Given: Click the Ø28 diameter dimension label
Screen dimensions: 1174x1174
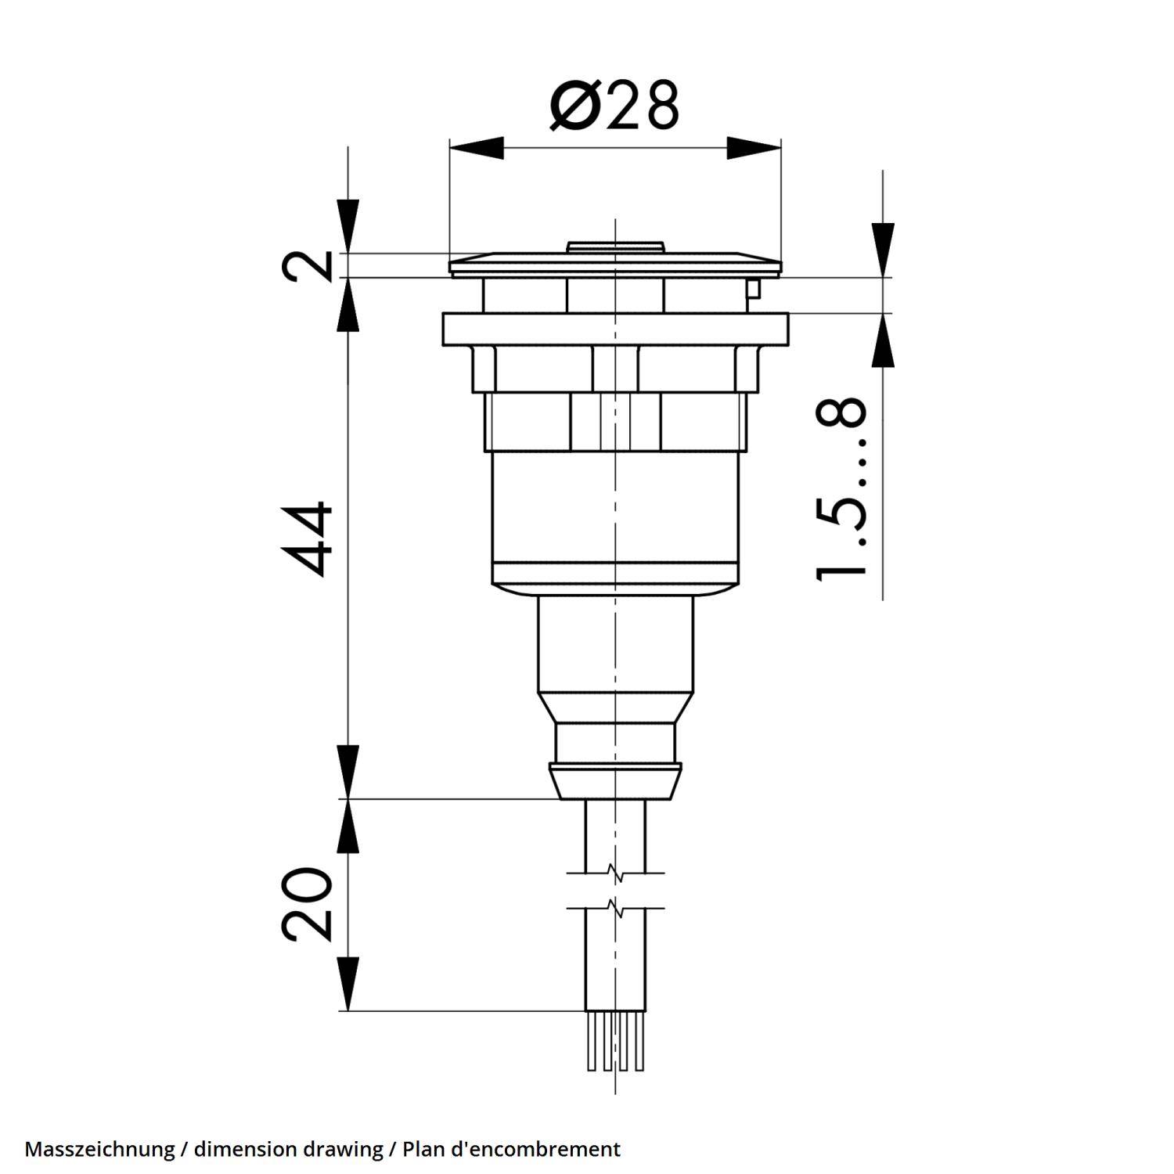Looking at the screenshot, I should pyautogui.click(x=614, y=106).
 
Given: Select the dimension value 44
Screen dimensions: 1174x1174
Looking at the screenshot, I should pyautogui.click(x=307, y=539).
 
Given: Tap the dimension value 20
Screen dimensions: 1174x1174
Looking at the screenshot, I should pyautogui.click(x=307, y=904).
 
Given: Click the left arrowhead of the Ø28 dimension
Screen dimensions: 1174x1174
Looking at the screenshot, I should pyautogui.click(x=477, y=148).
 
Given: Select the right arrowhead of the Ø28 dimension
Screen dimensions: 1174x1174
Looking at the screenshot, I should pyautogui.click(x=753, y=148).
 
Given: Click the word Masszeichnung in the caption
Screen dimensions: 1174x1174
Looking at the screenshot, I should pyautogui.click(x=99, y=1149).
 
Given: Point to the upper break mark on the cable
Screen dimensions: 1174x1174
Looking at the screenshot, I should pyautogui.click(x=615, y=873).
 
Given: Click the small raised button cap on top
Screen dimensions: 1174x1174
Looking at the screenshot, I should pyautogui.click(x=615, y=247).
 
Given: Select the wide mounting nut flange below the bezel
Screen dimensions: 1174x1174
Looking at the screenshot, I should pyautogui.click(x=615, y=328).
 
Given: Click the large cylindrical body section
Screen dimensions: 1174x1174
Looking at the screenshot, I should pyautogui.click(x=615, y=520).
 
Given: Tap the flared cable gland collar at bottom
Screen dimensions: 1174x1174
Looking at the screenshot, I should pyautogui.click(x=615, y=781).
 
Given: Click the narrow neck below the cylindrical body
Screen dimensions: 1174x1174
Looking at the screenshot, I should pyautogui.click(x=615, y=642).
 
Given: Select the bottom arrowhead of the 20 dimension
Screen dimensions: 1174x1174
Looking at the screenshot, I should pyautogui.click(x=348, y=985).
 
